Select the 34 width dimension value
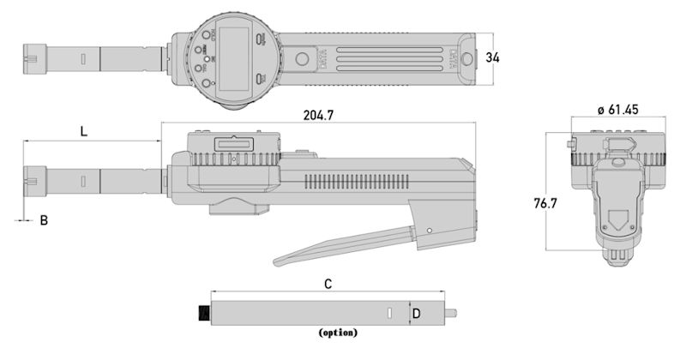(x=492, y=57)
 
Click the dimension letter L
(x=83, y=131)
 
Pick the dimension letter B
(x=44, y=221)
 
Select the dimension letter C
(x=328, y=282)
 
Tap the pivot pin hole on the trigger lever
(x=427, y=231)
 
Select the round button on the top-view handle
(x=303, y=59)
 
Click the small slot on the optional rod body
(x=388, y=313)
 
